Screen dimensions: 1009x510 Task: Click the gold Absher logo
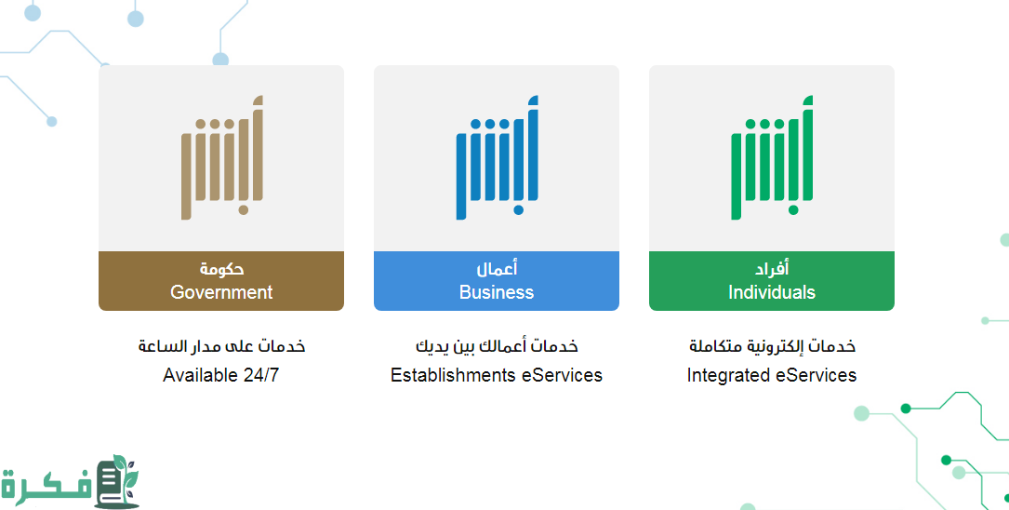(222, 158)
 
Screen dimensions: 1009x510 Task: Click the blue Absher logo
(497, 158)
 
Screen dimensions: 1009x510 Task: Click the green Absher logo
(772, 158)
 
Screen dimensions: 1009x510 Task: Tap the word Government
(221, 292)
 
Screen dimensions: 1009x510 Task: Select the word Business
(497, 292)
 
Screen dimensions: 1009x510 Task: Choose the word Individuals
(772, 292)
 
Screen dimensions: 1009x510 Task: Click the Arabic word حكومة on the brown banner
(221, 269)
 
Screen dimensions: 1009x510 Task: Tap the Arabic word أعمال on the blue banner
(497, 268)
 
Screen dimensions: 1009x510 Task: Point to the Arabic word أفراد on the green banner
(772, 268)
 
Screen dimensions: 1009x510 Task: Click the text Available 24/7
(220, 375)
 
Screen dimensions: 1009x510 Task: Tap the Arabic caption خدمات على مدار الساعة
(221, 346)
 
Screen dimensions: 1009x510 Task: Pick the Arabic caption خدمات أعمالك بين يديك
(497, 346)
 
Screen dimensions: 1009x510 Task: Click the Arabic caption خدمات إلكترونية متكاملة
(772, 346)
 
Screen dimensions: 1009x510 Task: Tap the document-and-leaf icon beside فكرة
(117, 482)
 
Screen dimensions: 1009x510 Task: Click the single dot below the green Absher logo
(793, 210)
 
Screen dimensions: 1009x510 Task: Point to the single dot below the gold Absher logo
(244, 210)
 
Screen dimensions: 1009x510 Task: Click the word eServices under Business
(562, 375)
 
